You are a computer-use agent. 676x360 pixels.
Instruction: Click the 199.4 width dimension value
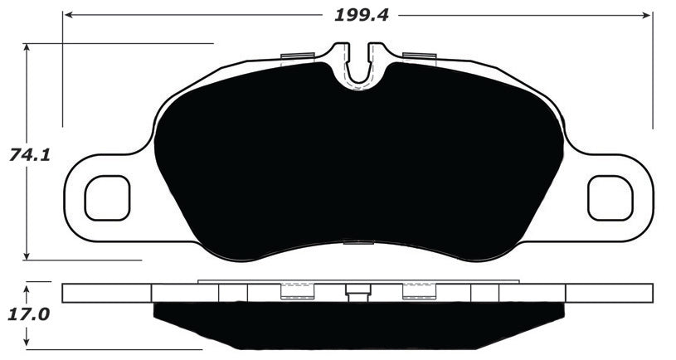click(x=362, y=14)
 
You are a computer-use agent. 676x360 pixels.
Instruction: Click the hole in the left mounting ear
click(x=108, y=198)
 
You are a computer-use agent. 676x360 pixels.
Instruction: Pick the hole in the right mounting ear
click(x=610, y=198)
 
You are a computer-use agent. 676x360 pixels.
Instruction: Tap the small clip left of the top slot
click(x=296, y=56)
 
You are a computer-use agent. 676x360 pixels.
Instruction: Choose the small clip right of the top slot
click(x=419, y=56)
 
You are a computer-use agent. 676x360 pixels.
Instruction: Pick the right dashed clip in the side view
click(x=419, y=290)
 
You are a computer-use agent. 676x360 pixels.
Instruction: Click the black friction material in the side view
click(x=358, y=325)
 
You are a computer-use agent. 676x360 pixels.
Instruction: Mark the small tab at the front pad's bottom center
click(x=358, y=243)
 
